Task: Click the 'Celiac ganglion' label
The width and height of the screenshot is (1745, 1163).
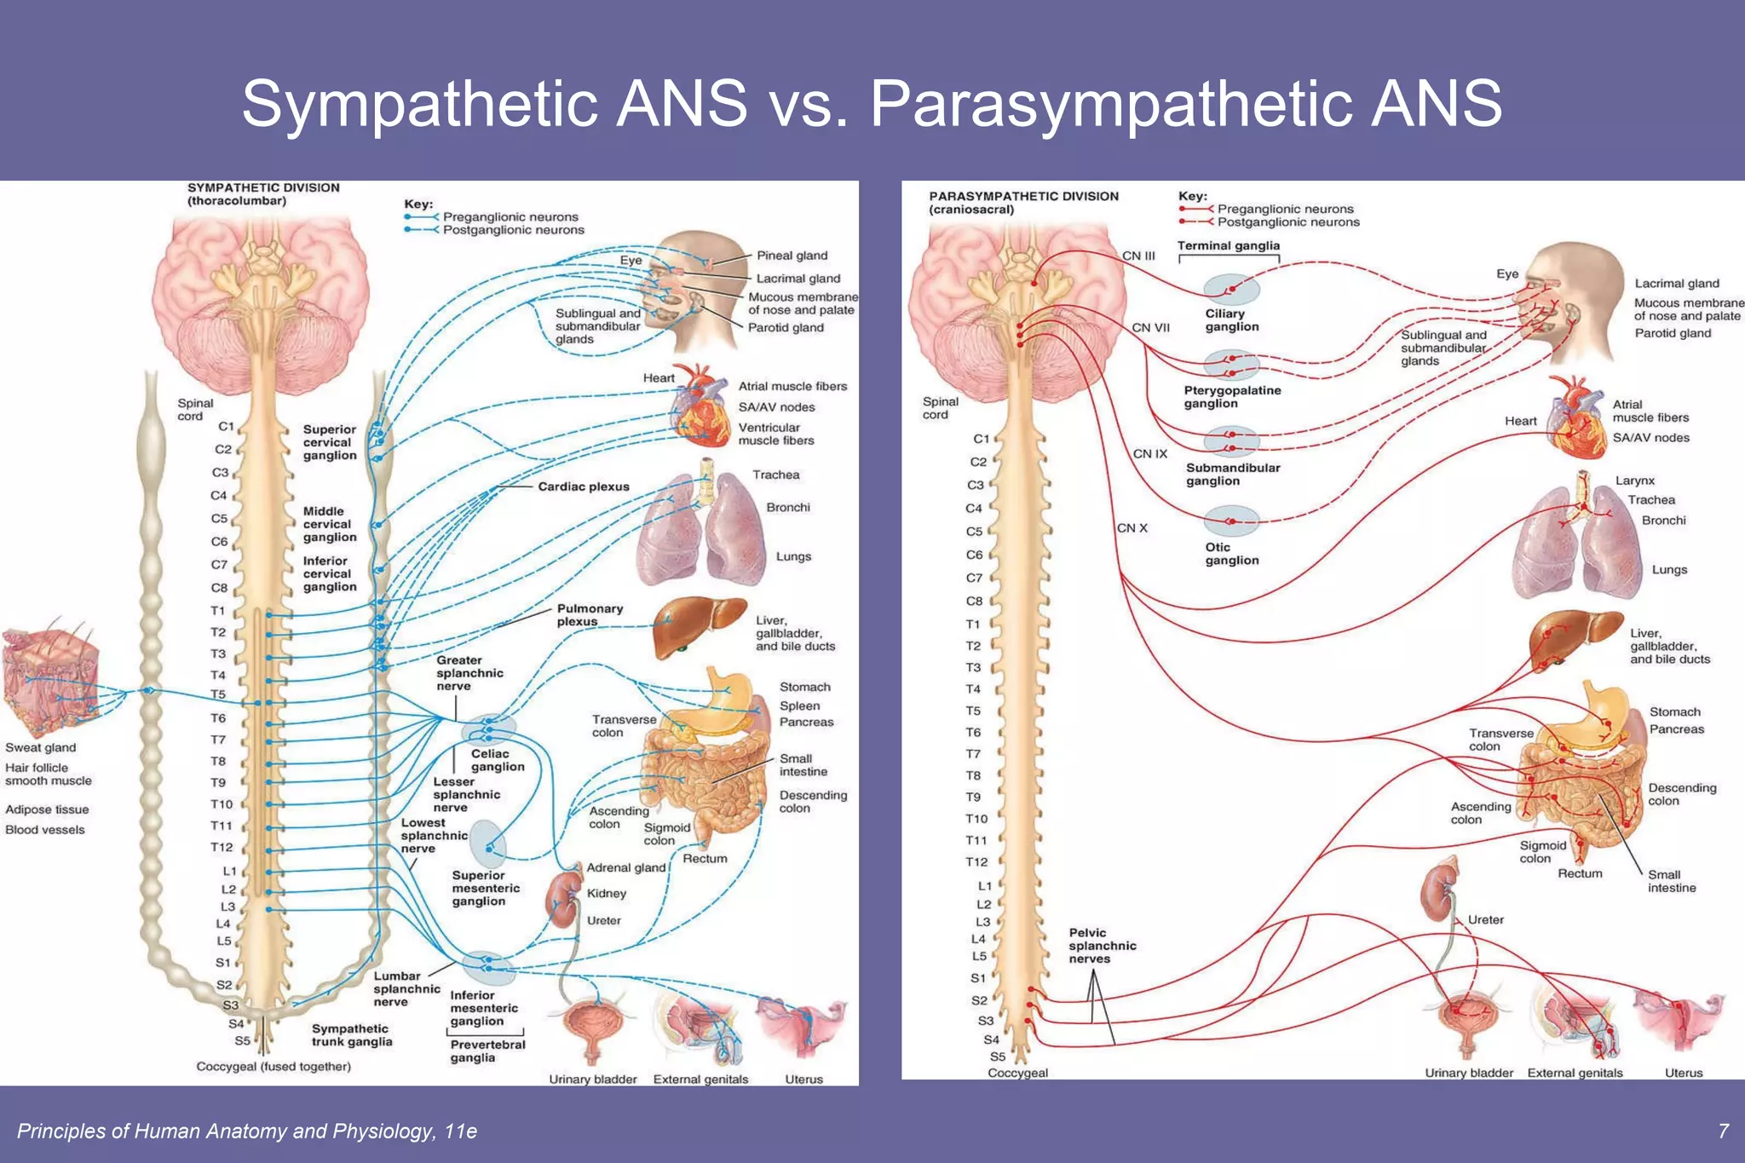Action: click(x=497, y=760)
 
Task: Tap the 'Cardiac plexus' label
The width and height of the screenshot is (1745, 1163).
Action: click(x=583, y=487)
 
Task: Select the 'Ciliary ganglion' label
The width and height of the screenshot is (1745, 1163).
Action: click(x=1231, y=320)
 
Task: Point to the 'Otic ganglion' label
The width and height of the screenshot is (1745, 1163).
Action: click(x=1231, y=554)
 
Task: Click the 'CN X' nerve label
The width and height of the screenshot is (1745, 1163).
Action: click(x=1132, y=528)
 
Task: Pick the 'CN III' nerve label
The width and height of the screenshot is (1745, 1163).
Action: click(x=1138, y=256)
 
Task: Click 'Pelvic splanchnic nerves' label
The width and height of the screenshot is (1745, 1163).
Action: click(x=1103, y=946)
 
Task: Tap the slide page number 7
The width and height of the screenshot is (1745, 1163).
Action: click(x=1723, y=1131)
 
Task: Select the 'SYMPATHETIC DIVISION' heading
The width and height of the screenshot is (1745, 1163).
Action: click(x=263, y=188)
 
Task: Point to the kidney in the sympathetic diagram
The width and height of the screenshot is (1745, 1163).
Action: click(x=562, y=899)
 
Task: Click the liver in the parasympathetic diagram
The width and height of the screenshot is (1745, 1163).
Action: click(x=1573, y=639)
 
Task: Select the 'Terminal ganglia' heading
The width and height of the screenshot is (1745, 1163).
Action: click(x=1228, y=246)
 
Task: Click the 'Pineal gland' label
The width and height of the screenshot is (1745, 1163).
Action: click(x=792, y=256)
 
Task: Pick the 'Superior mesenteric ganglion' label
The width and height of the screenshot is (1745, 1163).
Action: click(x=485, y=889)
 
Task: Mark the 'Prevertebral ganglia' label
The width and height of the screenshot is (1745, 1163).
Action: click(x=487, y=1051)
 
